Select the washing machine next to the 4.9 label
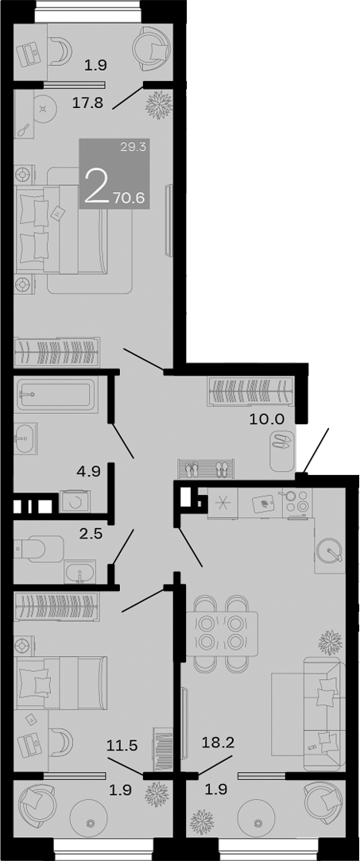[x=76, y=503]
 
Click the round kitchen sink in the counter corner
[x=328, y=548]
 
